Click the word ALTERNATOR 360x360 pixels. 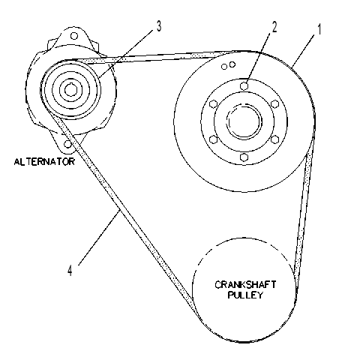[x=44, y=162]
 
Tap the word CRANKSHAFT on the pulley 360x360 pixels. [x=245, y=285]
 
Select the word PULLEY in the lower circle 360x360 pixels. [x=245, y=295]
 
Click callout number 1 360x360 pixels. [x=319, y=29]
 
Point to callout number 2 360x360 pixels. [x=274, y=27]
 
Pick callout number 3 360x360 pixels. [x=159, y=26]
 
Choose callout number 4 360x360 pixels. [x=70, y=270]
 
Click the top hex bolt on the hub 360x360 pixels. [x=244, y=85]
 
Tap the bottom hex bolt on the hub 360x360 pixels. [x=244, y=157]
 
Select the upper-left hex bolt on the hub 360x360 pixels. [x=213, y=104]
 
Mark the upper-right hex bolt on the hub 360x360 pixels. [x=275, y=104]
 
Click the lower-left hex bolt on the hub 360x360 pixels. [x=213, y=139]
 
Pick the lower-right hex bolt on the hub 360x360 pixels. [x=275, y=139]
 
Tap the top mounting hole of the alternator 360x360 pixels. [x=74, y=36]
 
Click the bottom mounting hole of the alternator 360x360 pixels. [x=67, y=144]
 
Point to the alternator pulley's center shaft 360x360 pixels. [x=70, y=90]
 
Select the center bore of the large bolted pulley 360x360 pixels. [x=244, y=121]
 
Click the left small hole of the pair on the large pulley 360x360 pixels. [x=224, y=67]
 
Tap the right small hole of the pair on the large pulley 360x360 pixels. [x=232, y=64]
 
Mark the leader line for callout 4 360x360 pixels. [x=99, y=238]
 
